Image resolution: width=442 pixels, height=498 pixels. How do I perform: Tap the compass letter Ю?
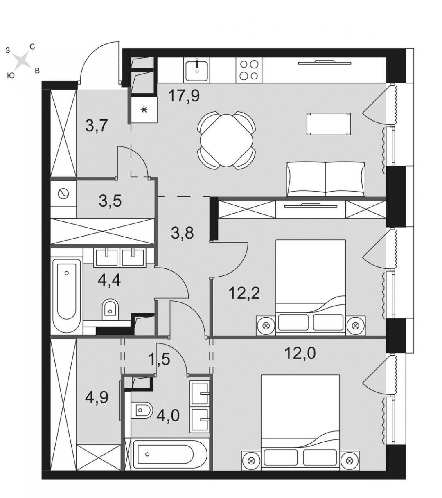(x=11, y=75)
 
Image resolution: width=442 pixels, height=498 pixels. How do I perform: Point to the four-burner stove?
(x=249, y=70)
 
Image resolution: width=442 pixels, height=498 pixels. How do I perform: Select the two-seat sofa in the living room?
(x=326, y=179)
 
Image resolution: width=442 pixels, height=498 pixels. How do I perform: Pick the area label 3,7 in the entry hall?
(x=97, y=126)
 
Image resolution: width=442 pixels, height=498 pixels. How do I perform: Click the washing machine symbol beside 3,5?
(x=63, y=194)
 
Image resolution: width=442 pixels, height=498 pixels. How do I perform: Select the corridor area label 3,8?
(x=182, y=234)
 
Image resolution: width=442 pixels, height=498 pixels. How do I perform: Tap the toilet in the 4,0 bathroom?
(x=141, y=410)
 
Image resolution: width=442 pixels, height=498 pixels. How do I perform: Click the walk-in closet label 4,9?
(x=97, y=397)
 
